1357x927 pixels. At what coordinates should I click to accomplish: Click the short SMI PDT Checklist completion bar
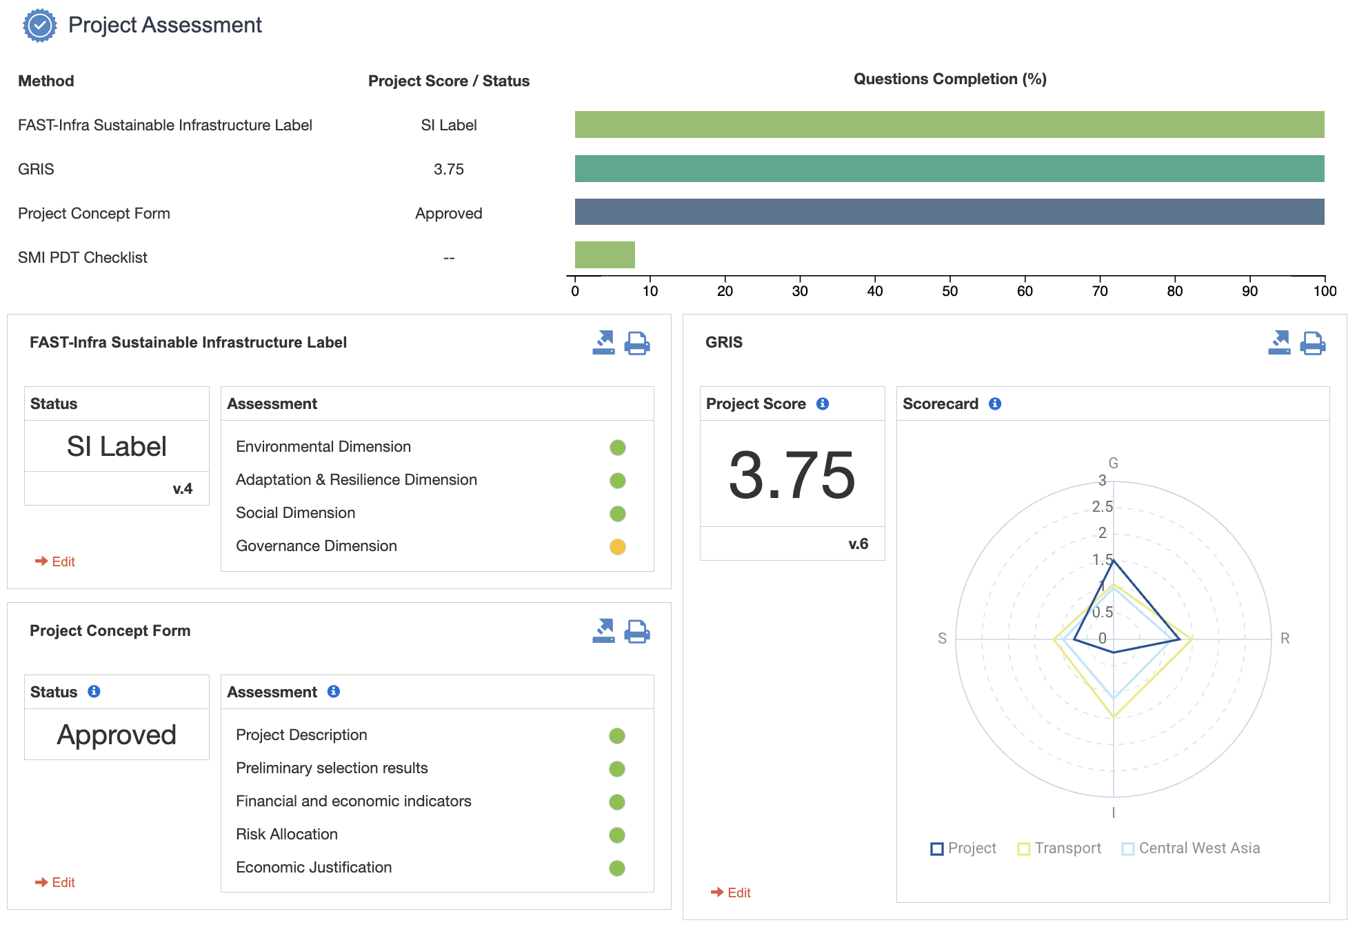tap(605, 255)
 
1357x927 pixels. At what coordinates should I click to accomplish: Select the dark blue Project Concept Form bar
tap(949, 212)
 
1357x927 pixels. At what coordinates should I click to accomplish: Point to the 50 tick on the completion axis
tap(949, 290)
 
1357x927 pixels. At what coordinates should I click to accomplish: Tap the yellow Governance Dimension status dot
tap(617, 546)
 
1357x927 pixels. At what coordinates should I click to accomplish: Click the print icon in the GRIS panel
tap(1312, 343)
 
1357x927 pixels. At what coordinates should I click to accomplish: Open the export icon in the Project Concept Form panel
tap(603, 630)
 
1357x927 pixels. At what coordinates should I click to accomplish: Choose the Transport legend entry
tap(1059, 848)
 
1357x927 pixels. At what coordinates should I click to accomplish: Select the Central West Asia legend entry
tap(1191, 848)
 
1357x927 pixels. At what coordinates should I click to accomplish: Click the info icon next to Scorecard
tap(994, 403)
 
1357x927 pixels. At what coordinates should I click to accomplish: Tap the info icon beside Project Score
tap(822, 403)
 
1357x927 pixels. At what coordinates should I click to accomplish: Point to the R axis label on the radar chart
tap(1285, 638)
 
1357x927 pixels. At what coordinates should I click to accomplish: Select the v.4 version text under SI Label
tap(182, 488)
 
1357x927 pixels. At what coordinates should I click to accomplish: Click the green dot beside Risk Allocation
tap(616, 835)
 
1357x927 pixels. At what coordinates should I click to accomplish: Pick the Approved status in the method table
tap(448, 213)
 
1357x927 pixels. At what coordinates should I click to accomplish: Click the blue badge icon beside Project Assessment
tap(39, 26)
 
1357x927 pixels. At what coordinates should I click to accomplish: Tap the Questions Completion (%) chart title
tap(949, 79)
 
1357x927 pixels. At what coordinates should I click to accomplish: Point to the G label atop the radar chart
tap(1113, 463)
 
